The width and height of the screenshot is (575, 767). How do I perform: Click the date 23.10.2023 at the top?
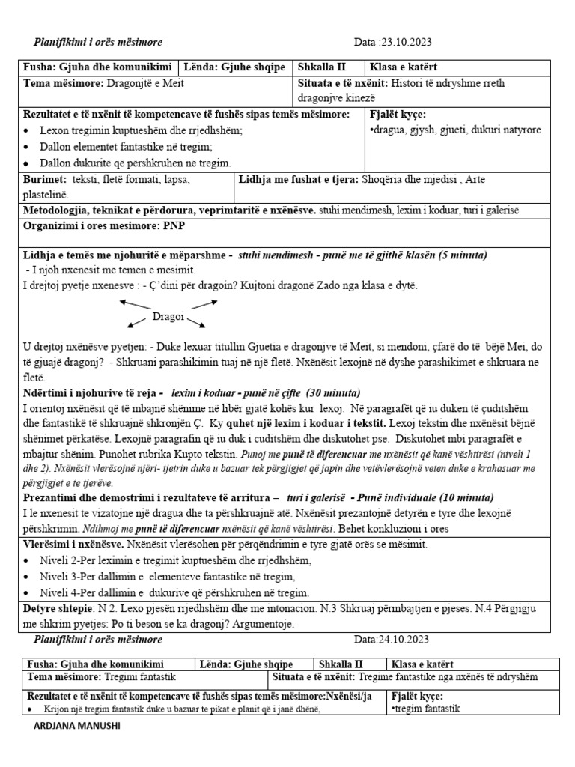(407, 42)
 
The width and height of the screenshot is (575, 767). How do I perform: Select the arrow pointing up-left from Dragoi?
(135, 304)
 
